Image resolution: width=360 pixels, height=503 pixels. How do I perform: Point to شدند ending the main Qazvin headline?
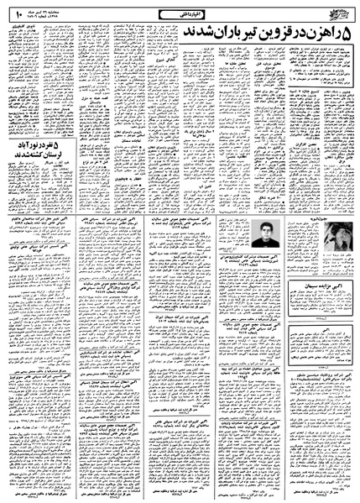(x=188, y=33)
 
